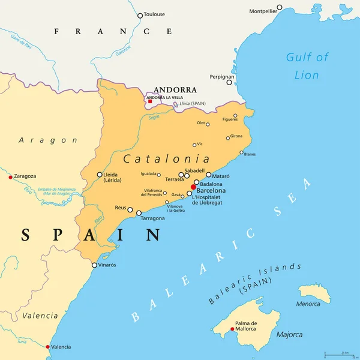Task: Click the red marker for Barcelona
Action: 193,187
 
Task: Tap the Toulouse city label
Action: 154,14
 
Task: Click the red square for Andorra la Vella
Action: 150,101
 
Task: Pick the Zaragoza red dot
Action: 10,177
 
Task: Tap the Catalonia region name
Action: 166,159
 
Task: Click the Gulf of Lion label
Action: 307,66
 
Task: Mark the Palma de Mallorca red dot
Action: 232,329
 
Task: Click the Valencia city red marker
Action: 47,347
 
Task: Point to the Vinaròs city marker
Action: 94,265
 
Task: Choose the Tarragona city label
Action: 152,218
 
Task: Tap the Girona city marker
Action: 228,138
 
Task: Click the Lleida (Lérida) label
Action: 113,177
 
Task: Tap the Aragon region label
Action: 48,140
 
